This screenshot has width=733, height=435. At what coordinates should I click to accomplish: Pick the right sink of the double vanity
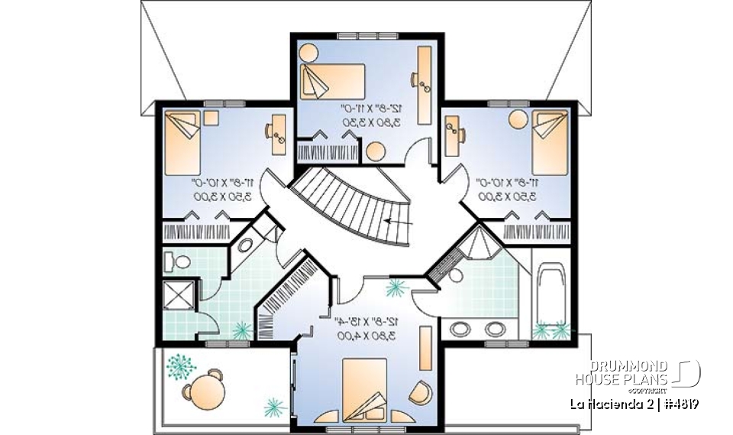coord(496,329)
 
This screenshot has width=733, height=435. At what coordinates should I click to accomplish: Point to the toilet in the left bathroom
coord(178,262)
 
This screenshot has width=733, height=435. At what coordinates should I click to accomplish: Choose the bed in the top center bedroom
coord(332,81)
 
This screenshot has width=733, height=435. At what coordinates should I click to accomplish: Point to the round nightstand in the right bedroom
coord(517,121)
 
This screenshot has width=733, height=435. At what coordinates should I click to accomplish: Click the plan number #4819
coord(681,404)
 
